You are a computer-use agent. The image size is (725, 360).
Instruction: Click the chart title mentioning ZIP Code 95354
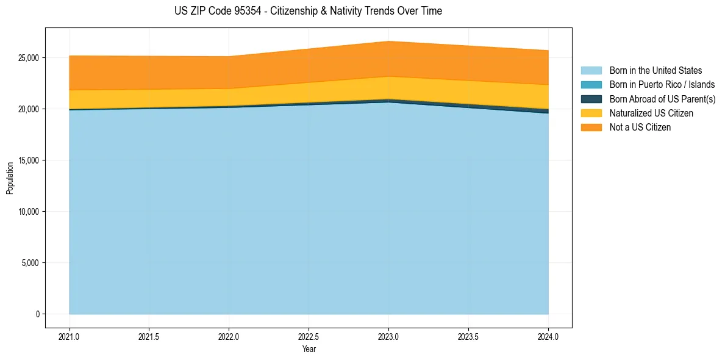pyautogui.click(x=308, y=11)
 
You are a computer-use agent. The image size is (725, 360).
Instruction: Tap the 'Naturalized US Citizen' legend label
pyautogui.click(x=651, y=113)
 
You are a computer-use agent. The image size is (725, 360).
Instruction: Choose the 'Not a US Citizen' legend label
pyautogui.click(x=640, y=128)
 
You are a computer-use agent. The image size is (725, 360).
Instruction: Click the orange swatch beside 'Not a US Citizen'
pyautogui.click(x=591, y=128)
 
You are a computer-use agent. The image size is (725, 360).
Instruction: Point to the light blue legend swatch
pyautogui.click(x=591, y=71)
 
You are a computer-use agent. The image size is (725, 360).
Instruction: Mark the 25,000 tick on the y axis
pyautogui.click(x=29, y=58)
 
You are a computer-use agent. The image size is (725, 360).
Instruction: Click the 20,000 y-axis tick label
pyautogui.click(x=29, y=109)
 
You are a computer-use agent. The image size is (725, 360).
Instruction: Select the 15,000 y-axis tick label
pyautogui.click(x=29, y=160)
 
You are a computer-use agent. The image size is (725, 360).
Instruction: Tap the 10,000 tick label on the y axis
pyautogui.click(x=29, y=212)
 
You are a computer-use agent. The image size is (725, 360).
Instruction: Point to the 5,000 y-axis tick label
pyautogui.click(x=30, y=263)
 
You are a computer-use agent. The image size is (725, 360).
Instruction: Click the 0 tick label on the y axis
pyautogui.click(x=38, y=314)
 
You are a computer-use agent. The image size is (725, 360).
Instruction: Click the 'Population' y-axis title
pyautogui.click(x=10, y=178)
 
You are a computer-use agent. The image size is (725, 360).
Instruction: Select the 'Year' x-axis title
pyautogui.click(x=309, y=350)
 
